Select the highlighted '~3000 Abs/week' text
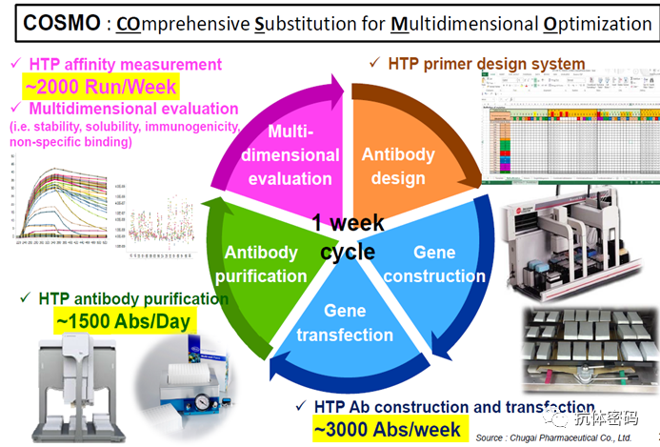click(387, 429)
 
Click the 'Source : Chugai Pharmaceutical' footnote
click(561, 437)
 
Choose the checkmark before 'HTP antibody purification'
click(25, 298)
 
